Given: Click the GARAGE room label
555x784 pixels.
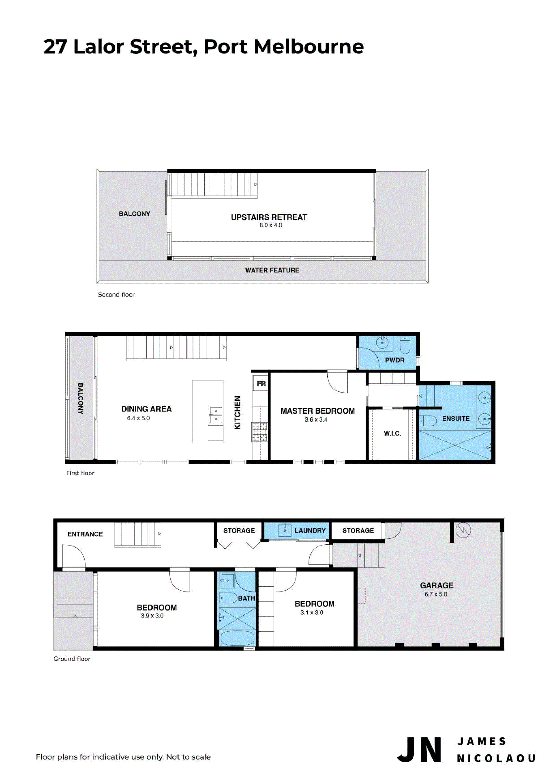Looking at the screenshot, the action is pos(437,585).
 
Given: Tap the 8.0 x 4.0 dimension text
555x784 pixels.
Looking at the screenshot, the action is pos(270,225).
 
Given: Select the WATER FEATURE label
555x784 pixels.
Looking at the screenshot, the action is pos(272,270).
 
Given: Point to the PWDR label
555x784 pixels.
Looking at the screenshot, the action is pos(395,360).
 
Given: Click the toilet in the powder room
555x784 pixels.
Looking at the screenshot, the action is pos(405,345).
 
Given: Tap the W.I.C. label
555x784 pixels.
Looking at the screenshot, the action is pos(392,433).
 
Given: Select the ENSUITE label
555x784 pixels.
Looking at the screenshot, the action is pos(456,419).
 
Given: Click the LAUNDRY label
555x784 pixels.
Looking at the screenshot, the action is pos(310,531).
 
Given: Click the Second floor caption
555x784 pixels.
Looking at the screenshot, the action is pos(116,295).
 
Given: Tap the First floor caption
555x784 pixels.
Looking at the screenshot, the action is pos(80,473).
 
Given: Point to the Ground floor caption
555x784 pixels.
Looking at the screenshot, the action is pos(72,659).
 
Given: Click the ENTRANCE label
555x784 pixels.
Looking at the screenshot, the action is pos(85,534).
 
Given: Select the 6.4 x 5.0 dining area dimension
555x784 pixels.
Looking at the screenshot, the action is pos(138,418).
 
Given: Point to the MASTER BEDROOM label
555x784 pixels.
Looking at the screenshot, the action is pos(318,411).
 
